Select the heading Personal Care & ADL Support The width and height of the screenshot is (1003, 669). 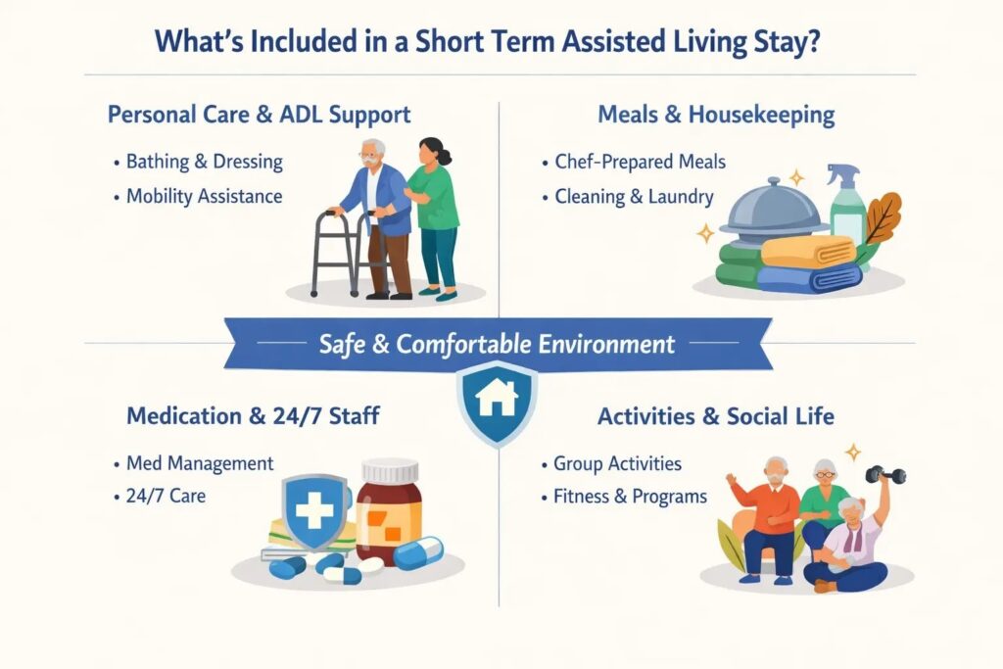pos(259,115)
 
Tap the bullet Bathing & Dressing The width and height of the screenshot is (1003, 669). pos(204,161)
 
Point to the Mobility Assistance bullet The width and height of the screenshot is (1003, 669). pos(204,196)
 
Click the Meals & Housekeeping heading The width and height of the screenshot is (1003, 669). pos(716,115)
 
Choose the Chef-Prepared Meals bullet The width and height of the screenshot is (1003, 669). pos(640,161)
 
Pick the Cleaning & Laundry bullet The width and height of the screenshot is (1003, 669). pos(634,196)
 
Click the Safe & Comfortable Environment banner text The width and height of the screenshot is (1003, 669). pos(498,344)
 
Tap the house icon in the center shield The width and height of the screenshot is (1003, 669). pos(498,398)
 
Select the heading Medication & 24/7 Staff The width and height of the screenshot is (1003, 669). pos(253,416)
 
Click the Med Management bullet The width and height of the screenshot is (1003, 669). pos(200,462)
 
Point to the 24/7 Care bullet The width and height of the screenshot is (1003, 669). pos(166,496)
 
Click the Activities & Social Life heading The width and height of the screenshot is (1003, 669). pos(716,416)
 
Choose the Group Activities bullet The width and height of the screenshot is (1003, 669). pos(617,463)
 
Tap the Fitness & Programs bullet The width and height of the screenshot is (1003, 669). pos(630,497)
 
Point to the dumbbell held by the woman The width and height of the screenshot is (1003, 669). pos(885,475)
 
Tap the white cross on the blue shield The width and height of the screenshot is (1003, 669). pos(314,509)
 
